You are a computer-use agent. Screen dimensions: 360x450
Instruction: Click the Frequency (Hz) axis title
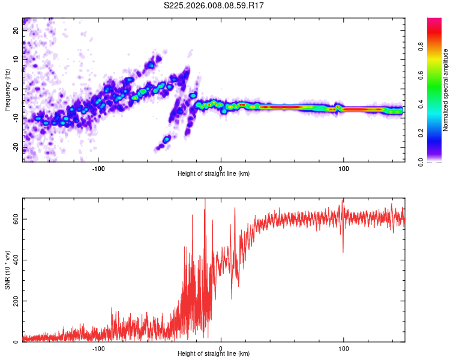click(x=7, y=90)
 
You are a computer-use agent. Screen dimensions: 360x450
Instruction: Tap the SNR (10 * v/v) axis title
click(x=7, y=270)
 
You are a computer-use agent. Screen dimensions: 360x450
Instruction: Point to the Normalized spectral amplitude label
click(x=445, y=90)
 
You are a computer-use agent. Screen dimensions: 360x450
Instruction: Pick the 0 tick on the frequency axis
click(x=16, y=88)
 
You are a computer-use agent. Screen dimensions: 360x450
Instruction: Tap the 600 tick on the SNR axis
click(x=16, y=219)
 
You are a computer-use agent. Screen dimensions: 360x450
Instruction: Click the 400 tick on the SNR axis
click(x=16, y=260)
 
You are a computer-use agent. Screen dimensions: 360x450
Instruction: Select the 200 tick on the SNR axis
click(x=16, y=301)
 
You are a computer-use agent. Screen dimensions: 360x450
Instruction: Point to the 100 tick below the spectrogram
click(x=344, y=168)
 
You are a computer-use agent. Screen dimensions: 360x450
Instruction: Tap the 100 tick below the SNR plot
click(x=344, y=348)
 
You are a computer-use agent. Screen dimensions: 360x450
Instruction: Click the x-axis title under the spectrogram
click(x=214, y=174)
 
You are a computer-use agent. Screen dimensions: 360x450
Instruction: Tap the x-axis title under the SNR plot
click(x=214, y=354)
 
